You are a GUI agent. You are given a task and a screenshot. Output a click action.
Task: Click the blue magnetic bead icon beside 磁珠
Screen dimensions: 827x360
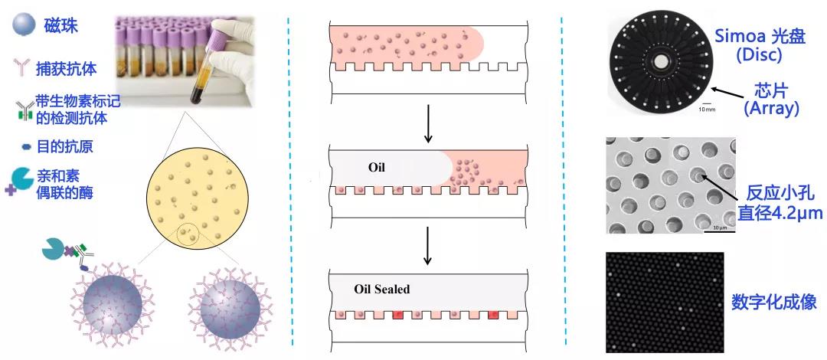tap(23, 25)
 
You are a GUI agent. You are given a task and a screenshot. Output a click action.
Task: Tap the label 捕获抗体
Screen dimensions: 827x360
tap(67, 69)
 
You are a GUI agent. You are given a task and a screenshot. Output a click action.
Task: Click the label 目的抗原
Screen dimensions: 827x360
tap(65, 146)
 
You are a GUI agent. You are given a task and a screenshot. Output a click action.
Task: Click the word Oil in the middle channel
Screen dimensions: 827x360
tap(377, 167)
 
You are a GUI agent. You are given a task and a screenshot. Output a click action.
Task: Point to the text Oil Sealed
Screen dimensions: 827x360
tap(382, 289)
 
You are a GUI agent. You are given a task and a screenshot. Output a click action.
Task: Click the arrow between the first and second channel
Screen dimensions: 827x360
tap(428, 123)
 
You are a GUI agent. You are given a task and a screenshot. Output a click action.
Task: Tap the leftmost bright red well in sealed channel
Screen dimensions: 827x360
tap(397, 315)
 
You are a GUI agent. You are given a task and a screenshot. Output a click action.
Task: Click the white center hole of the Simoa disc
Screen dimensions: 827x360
tap(660, 63)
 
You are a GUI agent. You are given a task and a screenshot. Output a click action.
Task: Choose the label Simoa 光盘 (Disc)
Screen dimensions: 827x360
tap(760, 45)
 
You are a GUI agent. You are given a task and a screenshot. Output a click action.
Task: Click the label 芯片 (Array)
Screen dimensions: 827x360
tap(771, 100)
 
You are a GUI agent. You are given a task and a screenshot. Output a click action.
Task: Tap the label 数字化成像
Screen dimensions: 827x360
tap(773, 302)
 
